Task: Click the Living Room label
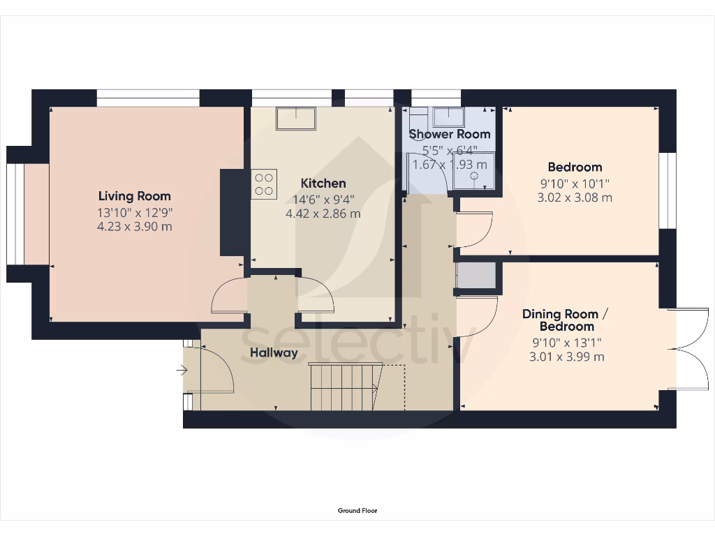[134, 196]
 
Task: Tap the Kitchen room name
[323, 184]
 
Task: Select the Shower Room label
[450, 134]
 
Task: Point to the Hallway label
[274, 353]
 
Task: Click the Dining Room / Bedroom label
[566, 320]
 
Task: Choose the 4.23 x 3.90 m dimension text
[134, 227]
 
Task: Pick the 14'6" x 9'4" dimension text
[323, 199]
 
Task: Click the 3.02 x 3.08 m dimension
[575, 198]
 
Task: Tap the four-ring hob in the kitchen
[264, 184]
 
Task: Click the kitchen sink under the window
[295, 118]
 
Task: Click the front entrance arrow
[183, 371]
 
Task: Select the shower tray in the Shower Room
[473, 171]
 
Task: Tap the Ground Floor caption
[357, 511]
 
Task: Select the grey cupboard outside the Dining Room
[477, 276]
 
